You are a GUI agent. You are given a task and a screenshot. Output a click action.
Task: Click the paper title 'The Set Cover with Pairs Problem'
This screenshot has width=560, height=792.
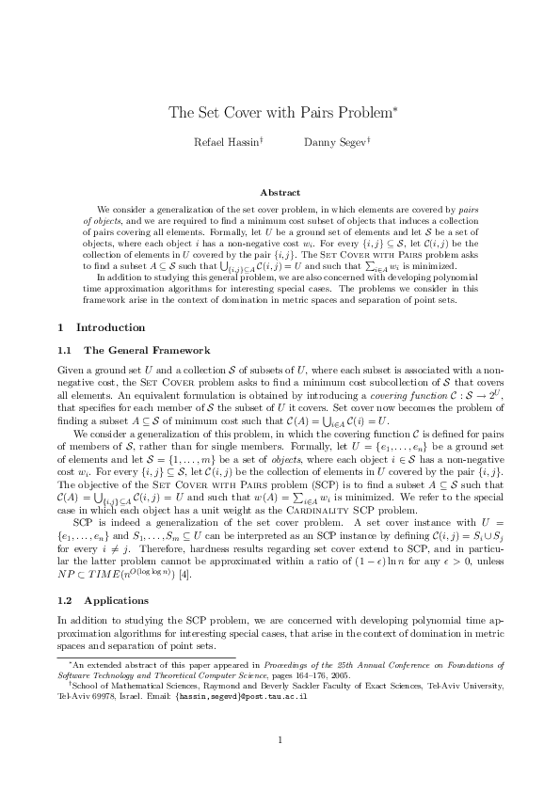(282, 114)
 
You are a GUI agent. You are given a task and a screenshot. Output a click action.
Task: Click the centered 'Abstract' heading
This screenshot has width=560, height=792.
(280, 193)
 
